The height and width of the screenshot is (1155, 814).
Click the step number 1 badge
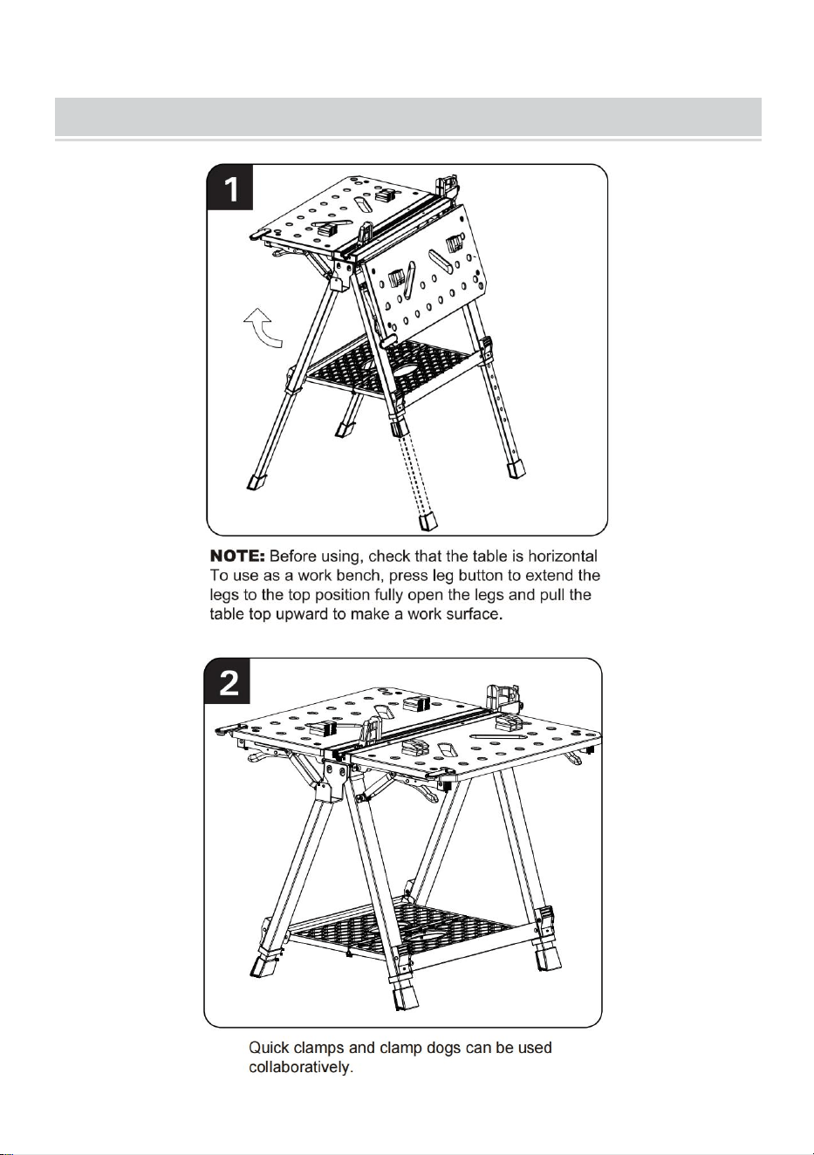coord(230,188)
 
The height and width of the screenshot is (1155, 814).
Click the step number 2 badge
coord(228,680)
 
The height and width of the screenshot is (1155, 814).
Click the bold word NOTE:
coord(237,557)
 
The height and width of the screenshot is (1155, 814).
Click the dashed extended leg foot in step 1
coord(428,521)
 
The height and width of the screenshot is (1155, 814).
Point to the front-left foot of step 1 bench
coord(256,482)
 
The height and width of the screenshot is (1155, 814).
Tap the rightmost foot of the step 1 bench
coord(516,469)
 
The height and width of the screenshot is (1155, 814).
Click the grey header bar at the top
coord(408,117)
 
